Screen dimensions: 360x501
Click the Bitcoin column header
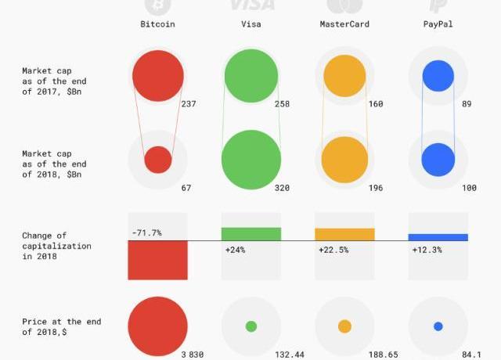coord(157,24)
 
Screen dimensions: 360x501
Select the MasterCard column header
coord(344,24)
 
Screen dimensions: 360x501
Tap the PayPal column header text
coord(438,24)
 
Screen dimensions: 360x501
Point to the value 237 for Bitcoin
coord(188,104)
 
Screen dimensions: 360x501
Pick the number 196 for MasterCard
coord(375,189)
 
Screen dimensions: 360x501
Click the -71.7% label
coord(146,232)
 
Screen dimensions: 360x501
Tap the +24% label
coord(236,250)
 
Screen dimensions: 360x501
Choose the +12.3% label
coord(427,250)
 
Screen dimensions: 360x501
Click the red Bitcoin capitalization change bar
coord(157,260)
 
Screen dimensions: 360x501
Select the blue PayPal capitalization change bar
coord(438,237)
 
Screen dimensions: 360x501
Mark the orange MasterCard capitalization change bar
coord(344,234)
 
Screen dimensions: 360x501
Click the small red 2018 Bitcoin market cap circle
coord(157,160)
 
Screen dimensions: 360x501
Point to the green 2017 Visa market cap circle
coord(251,75)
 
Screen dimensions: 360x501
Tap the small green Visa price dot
coord(251,326)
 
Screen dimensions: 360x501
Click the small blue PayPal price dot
coord(438,326)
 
